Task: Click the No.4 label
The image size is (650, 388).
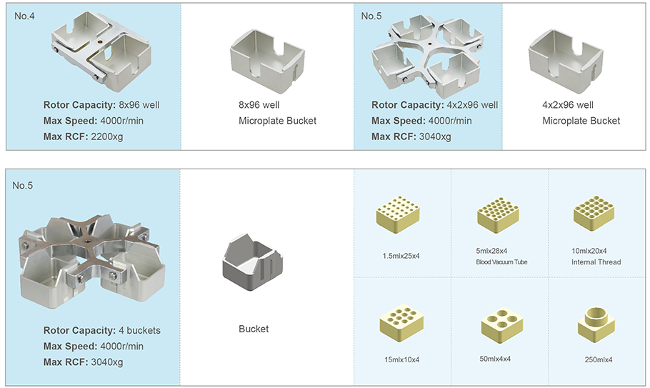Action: coord(24,16)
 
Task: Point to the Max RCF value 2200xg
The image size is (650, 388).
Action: coord(107,136)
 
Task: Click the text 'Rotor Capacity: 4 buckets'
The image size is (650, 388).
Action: coord(101,331)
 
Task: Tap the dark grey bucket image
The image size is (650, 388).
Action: coord(254,267)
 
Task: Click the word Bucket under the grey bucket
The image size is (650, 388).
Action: coord(254,329)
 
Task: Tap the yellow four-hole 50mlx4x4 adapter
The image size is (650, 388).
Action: coord(502,324)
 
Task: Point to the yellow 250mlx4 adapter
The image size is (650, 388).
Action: coord(596,322)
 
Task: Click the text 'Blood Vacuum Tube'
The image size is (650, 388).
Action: coord(502,262)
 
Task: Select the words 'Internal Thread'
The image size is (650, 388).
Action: coord(596,262)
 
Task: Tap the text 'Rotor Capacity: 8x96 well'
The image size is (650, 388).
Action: coord(101,105)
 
